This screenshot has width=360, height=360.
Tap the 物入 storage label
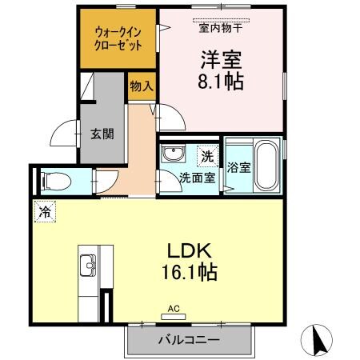(x=142, y=86)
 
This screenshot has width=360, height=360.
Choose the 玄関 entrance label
(x=101, y=134)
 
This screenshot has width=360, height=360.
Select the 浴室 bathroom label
(x=239, y=168)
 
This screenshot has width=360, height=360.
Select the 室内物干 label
(x=220, y=25)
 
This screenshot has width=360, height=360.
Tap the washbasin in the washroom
(x=171, y=154)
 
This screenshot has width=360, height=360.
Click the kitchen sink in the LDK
(x=88, y=265)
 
